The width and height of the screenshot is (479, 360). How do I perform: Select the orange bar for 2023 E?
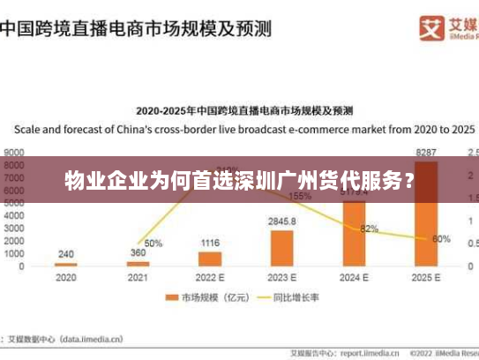(282, 248)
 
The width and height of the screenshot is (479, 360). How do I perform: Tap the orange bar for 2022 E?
(210, 259)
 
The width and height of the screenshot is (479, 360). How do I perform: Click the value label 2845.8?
(282, 221)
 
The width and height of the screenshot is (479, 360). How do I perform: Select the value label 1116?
(210, 242)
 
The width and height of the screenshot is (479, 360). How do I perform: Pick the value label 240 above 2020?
(66, 253)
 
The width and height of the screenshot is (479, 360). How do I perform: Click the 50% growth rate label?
(153, 244)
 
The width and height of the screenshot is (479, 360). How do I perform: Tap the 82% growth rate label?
(370, 229)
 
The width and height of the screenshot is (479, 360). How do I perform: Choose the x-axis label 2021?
(138, 278)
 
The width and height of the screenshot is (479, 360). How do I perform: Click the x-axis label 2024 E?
(355, 278)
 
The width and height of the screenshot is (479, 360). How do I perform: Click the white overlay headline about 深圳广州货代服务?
(239, 184)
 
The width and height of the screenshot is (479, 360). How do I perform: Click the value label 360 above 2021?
(138, 252)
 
